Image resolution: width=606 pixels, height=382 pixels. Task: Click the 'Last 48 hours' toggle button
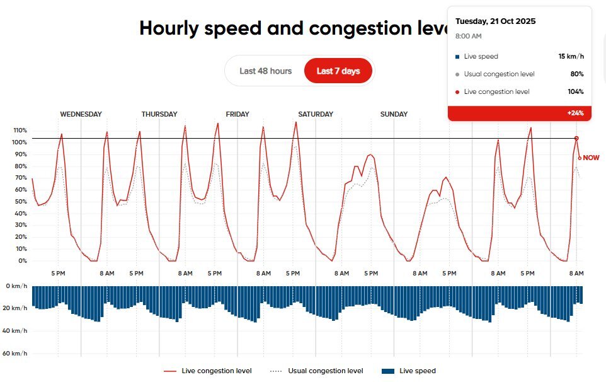pos(265,71)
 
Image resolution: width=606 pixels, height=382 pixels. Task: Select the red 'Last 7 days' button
pos(338,71)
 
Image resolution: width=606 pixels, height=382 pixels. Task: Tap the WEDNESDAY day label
pos(81,115)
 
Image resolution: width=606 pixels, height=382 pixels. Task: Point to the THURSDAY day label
pos(159,115)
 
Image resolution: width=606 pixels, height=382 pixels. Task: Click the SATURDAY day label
pos(316,115)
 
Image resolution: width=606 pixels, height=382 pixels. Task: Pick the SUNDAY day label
pos(394,115)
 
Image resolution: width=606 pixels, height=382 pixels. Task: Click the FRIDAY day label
pos(237,115)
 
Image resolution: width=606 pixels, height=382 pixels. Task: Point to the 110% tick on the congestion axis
pos(20,130)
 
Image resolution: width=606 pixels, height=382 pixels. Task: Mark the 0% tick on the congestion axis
pos(21,261)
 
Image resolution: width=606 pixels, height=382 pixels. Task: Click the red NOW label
pos(592,158)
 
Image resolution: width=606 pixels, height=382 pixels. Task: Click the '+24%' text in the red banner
pos(575,113)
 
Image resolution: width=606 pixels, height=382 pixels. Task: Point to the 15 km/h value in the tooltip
pos(571,57)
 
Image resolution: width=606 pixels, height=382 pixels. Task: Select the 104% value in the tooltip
pos(575,92)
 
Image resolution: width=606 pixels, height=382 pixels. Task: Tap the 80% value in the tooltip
pos(576,74)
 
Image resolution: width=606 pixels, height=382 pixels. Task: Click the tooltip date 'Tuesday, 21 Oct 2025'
pos(495,21)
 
